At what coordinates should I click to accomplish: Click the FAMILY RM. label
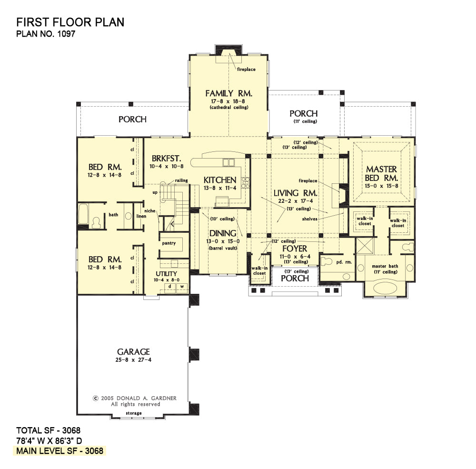[x=228, y=93]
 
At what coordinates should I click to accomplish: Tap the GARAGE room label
[x=134, y=352]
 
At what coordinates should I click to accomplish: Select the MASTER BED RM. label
[x=381, y=173]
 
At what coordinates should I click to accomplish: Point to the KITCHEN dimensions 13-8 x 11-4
[x=220, y=188]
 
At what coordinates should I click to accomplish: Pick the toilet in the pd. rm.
[x=326, y=261]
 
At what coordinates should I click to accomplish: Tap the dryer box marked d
[x=170, y=287]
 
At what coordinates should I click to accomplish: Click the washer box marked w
[x=182, y=287]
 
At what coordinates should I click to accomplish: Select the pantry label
[x=169, y=243]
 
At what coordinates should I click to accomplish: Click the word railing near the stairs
[x=181, y=180]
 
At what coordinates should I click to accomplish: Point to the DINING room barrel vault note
[x=223, y=248]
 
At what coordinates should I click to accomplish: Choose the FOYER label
[x=295, y=249]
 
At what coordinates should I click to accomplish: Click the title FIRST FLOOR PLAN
[x=70, y=22]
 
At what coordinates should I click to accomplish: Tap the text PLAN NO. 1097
[x=46, y=34]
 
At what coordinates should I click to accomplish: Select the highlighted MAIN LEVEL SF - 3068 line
[x=59, y=451]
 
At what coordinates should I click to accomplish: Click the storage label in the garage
[x=134, y=413]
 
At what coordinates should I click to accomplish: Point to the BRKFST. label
[x=166, y=158]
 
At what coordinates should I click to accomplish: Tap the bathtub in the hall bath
[x=83, y=214]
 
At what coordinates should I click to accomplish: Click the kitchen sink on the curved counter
[x=228, y=162]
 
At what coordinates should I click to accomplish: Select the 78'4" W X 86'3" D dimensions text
[x=49, y=441]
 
